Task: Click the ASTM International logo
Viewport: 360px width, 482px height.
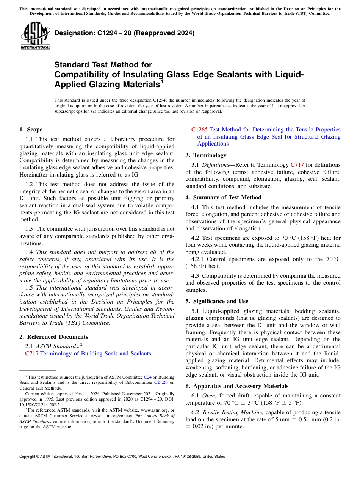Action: point(35,36)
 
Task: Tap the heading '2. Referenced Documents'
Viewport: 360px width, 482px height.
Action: point(53,337)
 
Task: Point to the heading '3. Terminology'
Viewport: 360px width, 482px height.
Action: point(206,155)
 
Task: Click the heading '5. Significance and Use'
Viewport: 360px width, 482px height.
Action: point(217,301)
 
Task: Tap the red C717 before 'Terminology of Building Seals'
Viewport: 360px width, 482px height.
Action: point(31,354)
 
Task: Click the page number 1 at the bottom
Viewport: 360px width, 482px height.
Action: point(180,466)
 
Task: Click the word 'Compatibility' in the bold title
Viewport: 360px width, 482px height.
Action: point(82,74)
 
